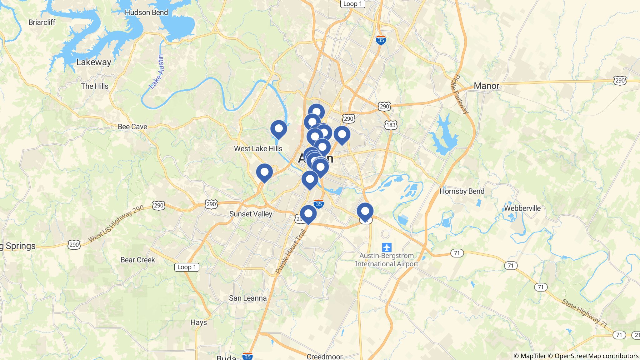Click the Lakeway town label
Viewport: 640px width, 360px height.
(94, 62)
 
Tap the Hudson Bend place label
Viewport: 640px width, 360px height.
(146, 12)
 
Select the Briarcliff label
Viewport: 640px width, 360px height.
(42, 22)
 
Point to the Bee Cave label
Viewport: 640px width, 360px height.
(132, 127)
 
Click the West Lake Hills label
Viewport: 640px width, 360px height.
(258, 148)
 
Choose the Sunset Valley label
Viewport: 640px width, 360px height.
(251, 214)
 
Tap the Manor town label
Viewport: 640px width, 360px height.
(486, 86)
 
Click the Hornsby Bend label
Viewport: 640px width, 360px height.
(462, 191)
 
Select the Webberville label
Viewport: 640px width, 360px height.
(522, 208)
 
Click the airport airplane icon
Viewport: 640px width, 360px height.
(387, 247)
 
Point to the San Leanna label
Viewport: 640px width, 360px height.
(248, 298)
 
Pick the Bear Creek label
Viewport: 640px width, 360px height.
(138, 260)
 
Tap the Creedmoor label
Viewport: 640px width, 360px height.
(324, 357)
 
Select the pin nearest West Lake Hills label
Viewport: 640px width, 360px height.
(278, 129)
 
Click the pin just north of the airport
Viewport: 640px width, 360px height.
(365, 211)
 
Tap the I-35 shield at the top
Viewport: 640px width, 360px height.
(381, 40)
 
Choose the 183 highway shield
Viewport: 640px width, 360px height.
(391, 125)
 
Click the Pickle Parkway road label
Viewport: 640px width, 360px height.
(460, 94)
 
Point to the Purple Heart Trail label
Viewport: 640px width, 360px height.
(291, 252)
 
